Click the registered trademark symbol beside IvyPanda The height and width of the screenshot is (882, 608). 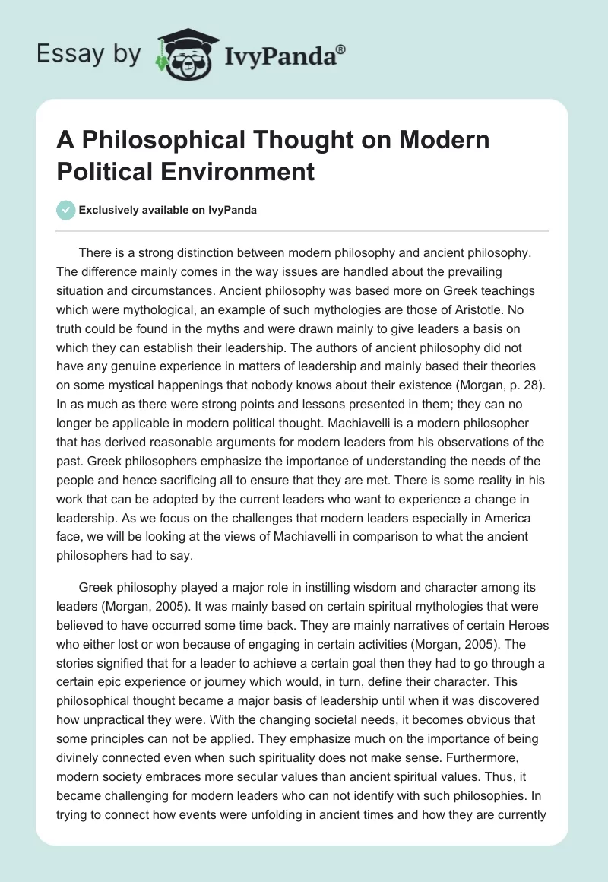[x=341, y=49]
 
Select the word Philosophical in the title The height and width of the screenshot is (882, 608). [x=157, y=141]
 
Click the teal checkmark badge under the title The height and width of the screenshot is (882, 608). [x=67, y=211]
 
